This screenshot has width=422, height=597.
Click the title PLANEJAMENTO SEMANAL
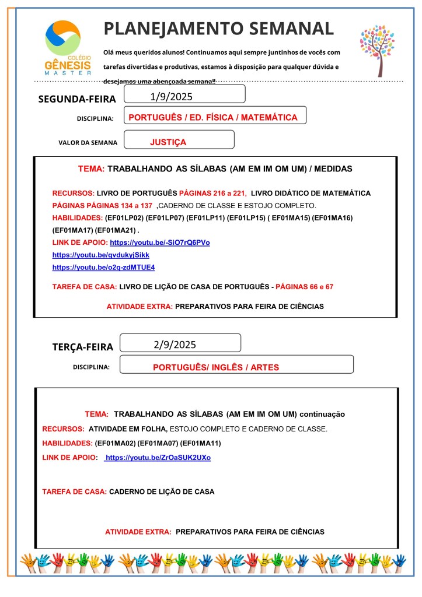(x=218, y=28)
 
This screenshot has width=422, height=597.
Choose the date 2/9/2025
(x=175, y=344)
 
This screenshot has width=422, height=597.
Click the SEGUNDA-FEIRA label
(x=77, y=99)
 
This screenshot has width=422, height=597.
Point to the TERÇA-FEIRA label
(x=83, y=347)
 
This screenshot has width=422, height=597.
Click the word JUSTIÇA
(x=168, y=142)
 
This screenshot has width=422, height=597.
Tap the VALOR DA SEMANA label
(x=88, y=142)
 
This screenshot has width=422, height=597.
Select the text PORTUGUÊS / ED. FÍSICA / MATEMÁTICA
(x=213, y=117)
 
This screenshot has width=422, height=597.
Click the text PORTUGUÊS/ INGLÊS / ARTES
(x=216, y=368)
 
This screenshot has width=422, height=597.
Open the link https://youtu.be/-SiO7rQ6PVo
(x=159, y=243)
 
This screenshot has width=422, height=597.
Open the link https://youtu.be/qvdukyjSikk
(x=101, y=255)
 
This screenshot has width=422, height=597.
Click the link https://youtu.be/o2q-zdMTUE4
(x=103, y=268)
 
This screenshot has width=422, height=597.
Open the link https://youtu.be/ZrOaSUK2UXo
(x=158, y=458)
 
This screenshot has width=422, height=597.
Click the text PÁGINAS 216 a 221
(x=212, y=193)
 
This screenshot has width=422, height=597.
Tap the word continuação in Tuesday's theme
(x=322, y=414)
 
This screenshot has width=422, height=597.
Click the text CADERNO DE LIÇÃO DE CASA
(x=162, y=491)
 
